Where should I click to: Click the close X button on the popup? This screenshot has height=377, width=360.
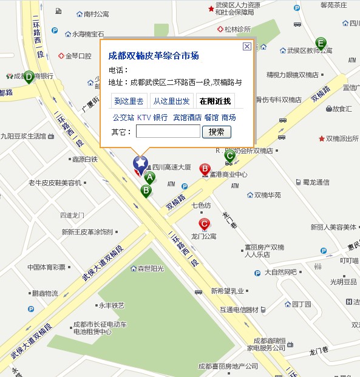click(246, 46)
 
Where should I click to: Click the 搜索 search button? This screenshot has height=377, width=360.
click(216, 132)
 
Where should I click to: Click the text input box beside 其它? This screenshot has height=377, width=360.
click(168, 132)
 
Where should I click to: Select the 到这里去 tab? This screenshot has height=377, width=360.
click(129, 101)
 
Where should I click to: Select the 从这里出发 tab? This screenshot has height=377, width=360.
click(171, 101)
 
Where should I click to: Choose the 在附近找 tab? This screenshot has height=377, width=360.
click(216, 101)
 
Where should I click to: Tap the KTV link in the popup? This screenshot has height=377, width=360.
click(143, 117)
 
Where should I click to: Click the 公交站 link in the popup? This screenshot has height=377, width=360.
click(123, 117)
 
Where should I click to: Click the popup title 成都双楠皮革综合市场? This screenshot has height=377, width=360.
click(154, 56)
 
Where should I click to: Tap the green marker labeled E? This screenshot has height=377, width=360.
click(321, 43)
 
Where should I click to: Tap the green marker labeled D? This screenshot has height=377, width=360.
click(28, 76)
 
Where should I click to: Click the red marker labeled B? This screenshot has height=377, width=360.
click(205, 169)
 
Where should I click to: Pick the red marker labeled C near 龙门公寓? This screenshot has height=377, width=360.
click(205, 225)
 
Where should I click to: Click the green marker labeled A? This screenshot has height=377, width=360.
click(149, 177)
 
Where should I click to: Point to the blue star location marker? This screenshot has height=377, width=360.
click(140, 163)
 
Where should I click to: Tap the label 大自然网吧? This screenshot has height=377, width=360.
click(280, 272)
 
